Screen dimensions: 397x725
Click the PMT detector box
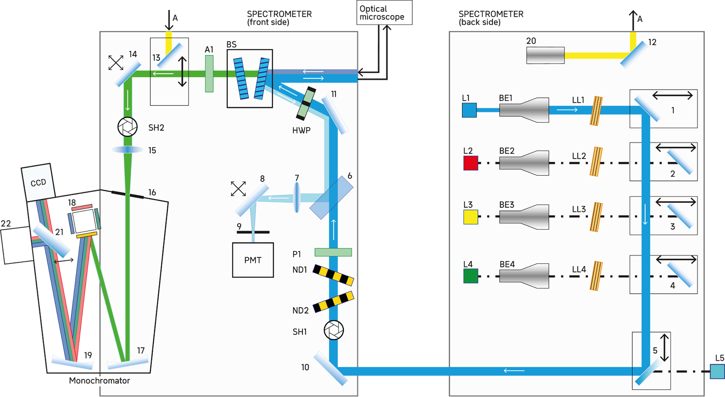pos(253,260)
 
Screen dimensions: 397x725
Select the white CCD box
pos(38,184)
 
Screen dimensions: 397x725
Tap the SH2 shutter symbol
pos(127,127)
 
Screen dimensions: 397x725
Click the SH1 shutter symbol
pos(334,330)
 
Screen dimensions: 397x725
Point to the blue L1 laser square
pos(469,110)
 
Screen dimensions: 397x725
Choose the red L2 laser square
pos(470,163)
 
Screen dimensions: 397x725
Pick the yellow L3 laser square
pos(470,217)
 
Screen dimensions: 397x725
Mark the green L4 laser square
pos(470,275)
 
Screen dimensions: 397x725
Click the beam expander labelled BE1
pos(524,110)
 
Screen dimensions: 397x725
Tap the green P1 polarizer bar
pos(333,252)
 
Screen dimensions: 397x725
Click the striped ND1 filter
pos(333,274)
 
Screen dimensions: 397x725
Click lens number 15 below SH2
pos(127,150)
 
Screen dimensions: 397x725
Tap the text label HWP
pos(301,131)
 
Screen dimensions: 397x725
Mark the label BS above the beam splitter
pos(231,45)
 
